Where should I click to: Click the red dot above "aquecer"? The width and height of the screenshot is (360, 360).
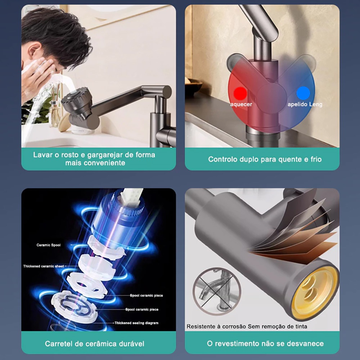click(240, 94)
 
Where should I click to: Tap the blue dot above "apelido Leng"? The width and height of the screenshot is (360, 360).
click(303, 93)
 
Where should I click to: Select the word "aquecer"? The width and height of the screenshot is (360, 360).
click(241, 104)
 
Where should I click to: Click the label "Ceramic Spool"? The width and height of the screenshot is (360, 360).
click(49, 245)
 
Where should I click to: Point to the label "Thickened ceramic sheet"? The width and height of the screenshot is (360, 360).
click(44, 266)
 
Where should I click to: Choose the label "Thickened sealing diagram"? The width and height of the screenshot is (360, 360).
click(136, 323)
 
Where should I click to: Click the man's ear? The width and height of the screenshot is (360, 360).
click(33, 52)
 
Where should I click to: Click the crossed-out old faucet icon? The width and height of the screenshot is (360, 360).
click(217, 291)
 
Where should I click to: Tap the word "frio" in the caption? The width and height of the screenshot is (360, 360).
click(316, 159)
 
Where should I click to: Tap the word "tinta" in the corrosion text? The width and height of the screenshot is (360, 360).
click(301, 327)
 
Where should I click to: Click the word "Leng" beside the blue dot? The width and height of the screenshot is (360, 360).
click(315, 105)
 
